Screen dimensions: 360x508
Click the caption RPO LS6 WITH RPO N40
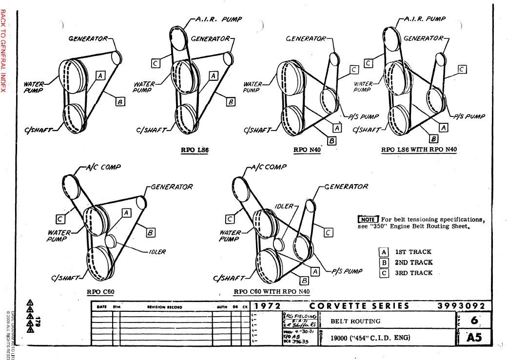419,150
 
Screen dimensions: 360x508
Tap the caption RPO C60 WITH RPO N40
272,292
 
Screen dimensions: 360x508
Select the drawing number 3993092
461,306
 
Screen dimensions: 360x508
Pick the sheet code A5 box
473,337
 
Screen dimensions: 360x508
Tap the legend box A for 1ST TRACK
384,252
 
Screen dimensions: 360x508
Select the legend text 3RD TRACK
413,273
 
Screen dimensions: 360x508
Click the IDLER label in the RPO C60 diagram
157,252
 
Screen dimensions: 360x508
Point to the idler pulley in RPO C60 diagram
110,240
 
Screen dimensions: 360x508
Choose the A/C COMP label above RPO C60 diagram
103,167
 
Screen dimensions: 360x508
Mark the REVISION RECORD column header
164,307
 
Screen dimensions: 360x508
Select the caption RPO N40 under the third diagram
307,150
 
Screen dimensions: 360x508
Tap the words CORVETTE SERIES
360,306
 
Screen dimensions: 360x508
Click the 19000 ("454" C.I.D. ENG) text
371,338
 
